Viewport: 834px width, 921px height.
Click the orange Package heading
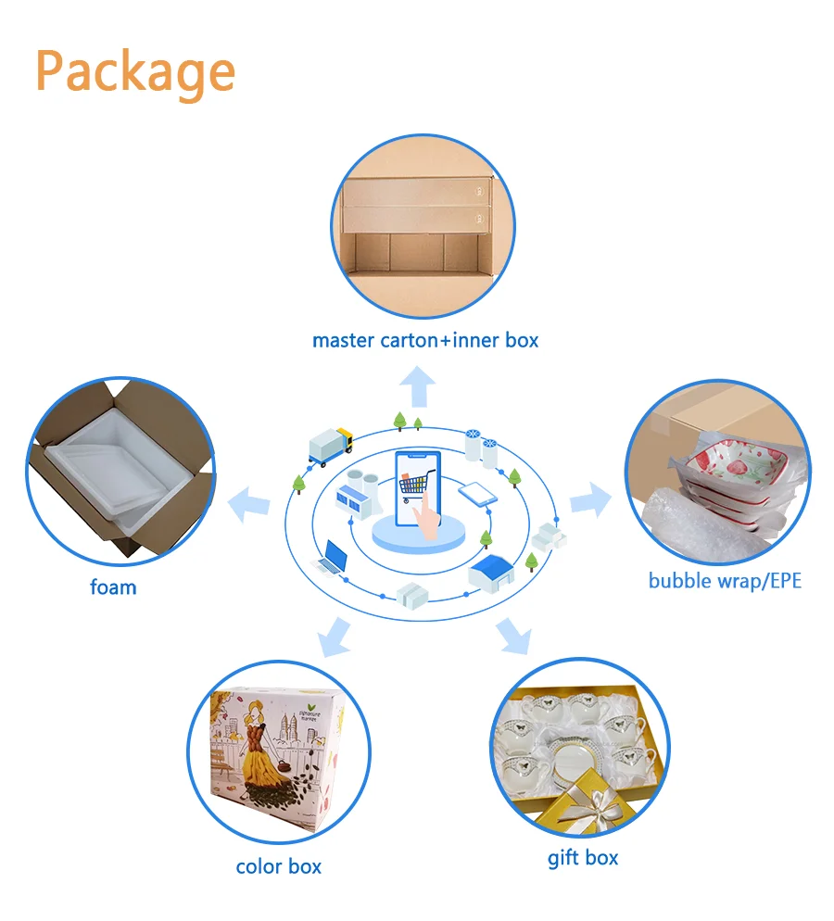[x=135, y=71]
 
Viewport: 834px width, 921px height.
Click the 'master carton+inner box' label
[x=424, y=340]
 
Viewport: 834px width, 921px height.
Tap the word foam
[x=113, y=587]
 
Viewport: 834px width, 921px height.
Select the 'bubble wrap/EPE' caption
[x=724, y=581]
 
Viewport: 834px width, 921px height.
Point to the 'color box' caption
[x=278, y=866]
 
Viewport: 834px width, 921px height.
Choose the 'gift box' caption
[x=582, y=857]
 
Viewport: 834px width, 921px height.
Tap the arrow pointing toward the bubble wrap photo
[x=590, y=501]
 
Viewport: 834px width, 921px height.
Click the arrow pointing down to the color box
[x=333, y=637]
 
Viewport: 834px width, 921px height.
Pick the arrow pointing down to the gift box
[x=512, y=636]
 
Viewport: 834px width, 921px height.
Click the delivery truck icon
[x=330, y=446]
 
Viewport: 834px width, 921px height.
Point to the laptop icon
[x=332, y=558]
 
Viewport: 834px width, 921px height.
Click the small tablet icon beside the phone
[x=473, y=493]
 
